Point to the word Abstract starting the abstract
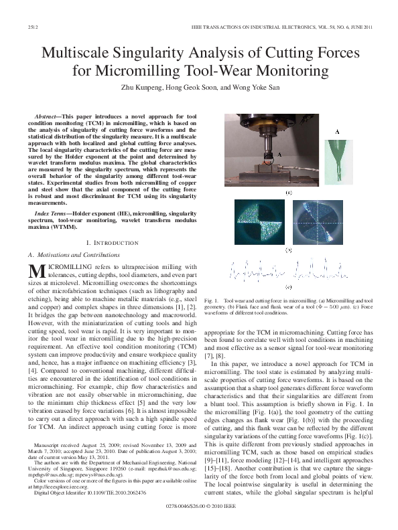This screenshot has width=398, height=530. click(x=52, y=116)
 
